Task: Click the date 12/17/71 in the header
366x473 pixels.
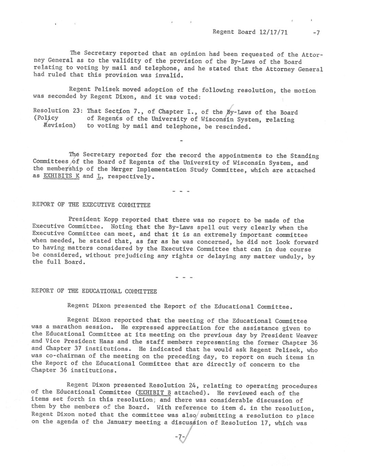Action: pos(273,32)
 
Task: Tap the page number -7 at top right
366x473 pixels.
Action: pos(316,33)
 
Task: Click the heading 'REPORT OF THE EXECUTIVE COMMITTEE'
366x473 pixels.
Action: pos(91,205)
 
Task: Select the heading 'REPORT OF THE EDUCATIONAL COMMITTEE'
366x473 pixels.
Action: pos(94,291)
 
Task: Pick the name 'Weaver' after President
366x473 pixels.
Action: pos(306,335)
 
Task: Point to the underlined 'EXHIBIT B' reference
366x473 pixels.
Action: pos(154,392)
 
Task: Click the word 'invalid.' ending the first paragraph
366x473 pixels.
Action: pos(161,75)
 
